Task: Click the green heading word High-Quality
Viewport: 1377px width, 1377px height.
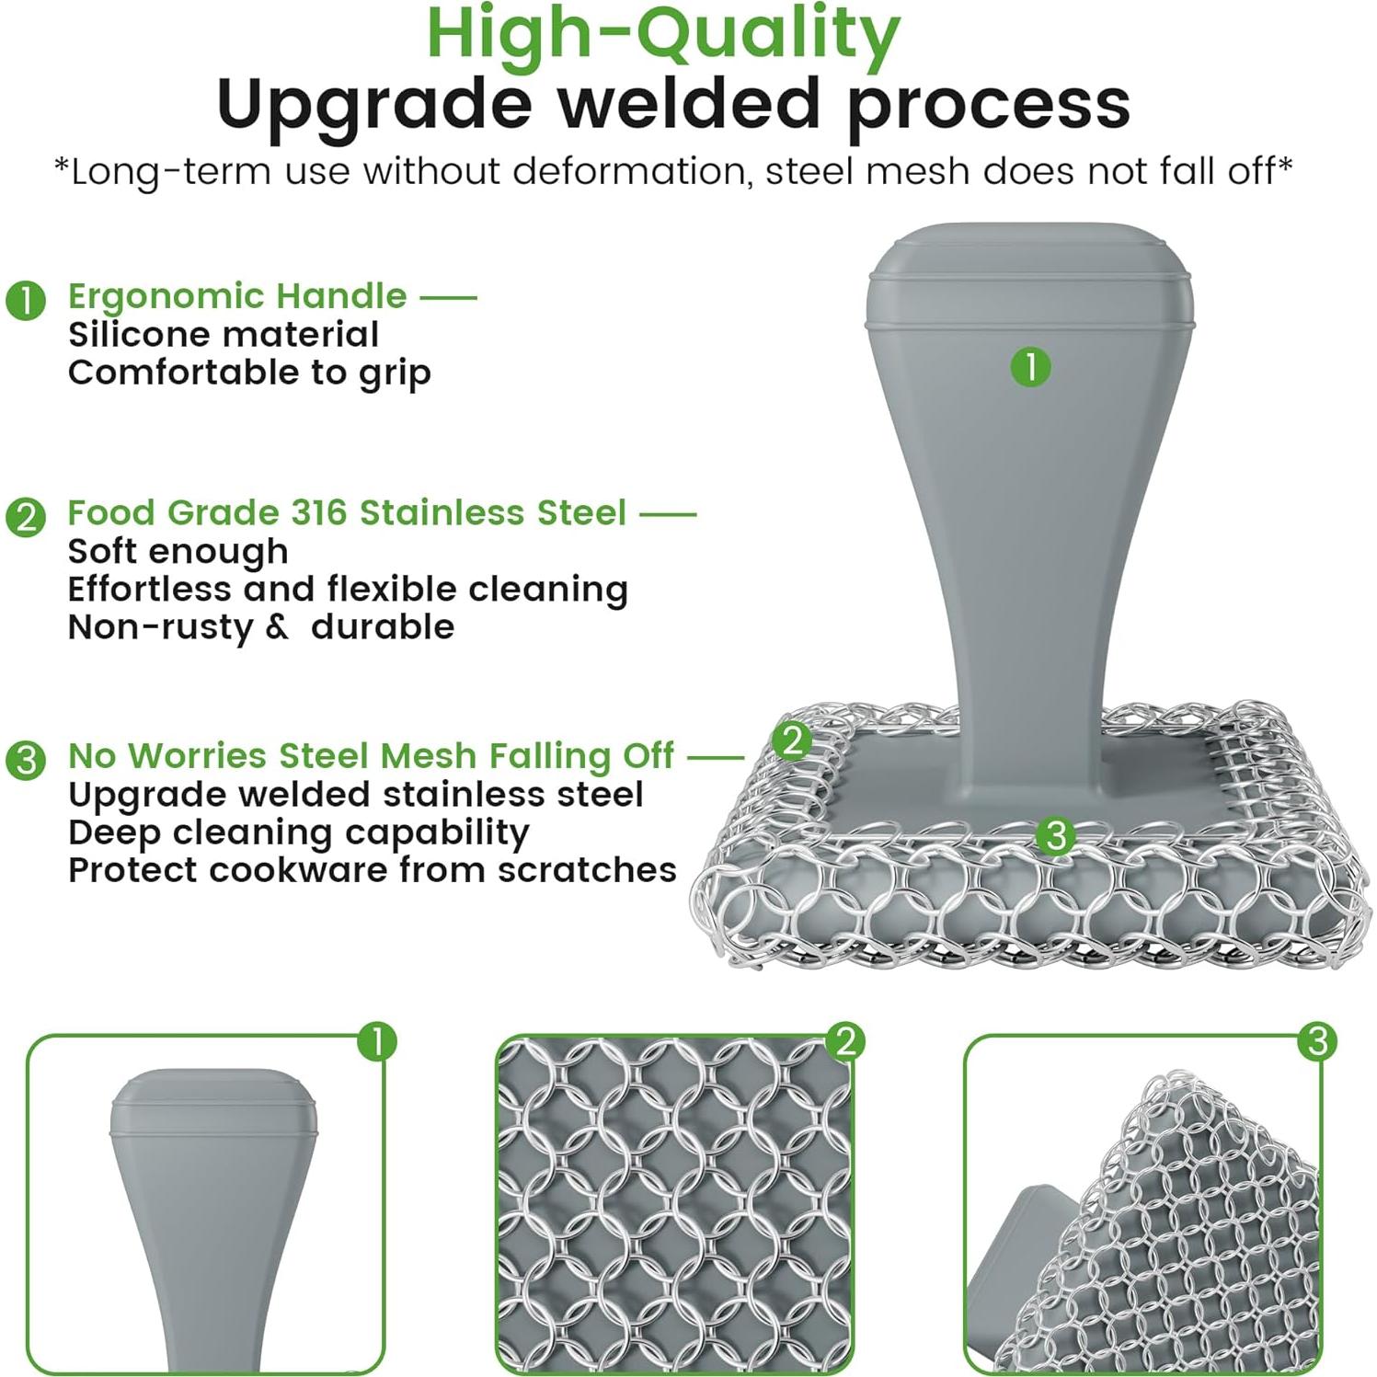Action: coord(663,34)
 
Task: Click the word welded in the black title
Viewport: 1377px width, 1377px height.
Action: coord(689,103)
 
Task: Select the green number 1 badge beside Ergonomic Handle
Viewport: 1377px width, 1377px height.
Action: coord(26,300)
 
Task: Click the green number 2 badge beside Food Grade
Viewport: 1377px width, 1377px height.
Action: coord(26,516)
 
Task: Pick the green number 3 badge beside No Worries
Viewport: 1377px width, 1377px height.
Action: coord(26,760)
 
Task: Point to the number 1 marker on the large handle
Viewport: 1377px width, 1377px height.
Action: coord(1030,366)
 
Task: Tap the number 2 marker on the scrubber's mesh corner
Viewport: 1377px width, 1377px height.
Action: coord(791,740)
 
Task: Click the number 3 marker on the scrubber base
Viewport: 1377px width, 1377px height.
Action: coord(1055,835)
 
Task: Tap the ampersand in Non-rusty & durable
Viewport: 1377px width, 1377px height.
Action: coord(277,627)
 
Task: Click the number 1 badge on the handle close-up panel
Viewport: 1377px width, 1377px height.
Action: coord(376,1041)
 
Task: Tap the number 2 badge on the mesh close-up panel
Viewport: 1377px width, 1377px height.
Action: coord(845,1041)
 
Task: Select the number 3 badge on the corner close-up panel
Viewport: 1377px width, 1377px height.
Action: coord(1317,1041)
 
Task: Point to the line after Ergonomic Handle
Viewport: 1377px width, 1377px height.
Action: coord(449,297)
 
